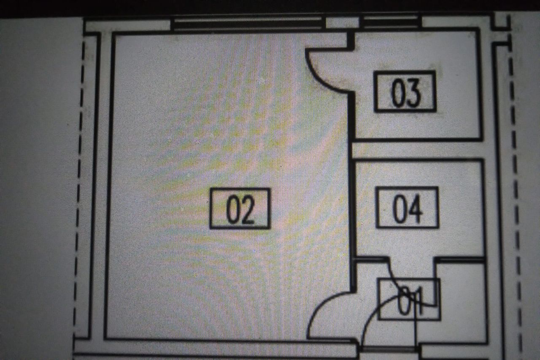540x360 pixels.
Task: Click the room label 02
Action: pyautogui.click(x=240, y=208)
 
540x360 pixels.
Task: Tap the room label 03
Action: pyautogui.click(x=405, y=92)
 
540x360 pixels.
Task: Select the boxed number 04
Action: pyautogui.click(x=407, y=207)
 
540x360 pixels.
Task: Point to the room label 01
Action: pyautogui.click(x=409, y=299)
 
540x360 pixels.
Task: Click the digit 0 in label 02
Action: pyautogui.click(x=232, y=209)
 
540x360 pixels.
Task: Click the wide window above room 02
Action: pyautogui.click(x=248, y=24)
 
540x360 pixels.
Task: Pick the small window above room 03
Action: pyautogui.click(x=391, y=23)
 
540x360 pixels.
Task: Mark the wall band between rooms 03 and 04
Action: pyautogui.click(x=418, y=150)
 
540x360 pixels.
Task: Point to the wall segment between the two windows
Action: pyautogui.click(x=342, y=23)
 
